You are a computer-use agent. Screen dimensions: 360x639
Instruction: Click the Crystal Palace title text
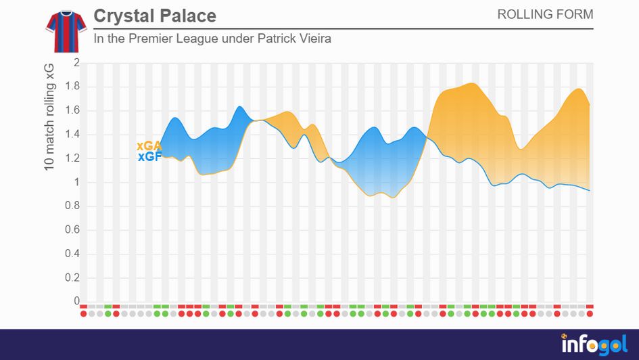click(x=155, y=16)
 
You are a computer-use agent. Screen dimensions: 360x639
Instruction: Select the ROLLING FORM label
click(x=545, y=14)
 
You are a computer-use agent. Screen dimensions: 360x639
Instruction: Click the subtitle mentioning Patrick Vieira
click(x=212, y=39)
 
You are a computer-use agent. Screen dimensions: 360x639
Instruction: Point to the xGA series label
click(x=149, y=145)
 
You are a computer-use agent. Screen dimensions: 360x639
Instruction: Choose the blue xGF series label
click(x=149, y=157)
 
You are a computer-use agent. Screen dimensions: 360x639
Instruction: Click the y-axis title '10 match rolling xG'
click(x=50, y=115)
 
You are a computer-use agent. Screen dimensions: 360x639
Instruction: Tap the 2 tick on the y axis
click(x=76, y=63)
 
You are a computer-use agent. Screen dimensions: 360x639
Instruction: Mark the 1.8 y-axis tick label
click(x=72, y=87)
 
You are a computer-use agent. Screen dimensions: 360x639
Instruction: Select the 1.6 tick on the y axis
click(x=72, y=110)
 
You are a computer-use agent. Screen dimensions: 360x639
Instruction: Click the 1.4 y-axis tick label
click(x=72, y=135)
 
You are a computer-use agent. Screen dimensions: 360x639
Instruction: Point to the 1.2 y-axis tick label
click(x=72, y=158)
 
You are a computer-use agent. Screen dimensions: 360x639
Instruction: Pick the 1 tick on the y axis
click(x=76, y=182)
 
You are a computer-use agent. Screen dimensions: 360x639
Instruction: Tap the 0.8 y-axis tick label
click(x=72, y=206)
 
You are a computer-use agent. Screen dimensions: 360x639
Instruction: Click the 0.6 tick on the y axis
click(x=72, y=230)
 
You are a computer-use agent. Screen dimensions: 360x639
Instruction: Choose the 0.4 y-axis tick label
click(x=72, y=254)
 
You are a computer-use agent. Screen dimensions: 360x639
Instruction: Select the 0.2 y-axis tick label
click(x=72, y=277)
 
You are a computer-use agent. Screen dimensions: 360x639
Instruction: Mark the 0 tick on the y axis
click(x=76, y=301)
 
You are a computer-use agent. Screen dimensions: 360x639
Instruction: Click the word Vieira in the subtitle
click(x=314, y=39)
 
